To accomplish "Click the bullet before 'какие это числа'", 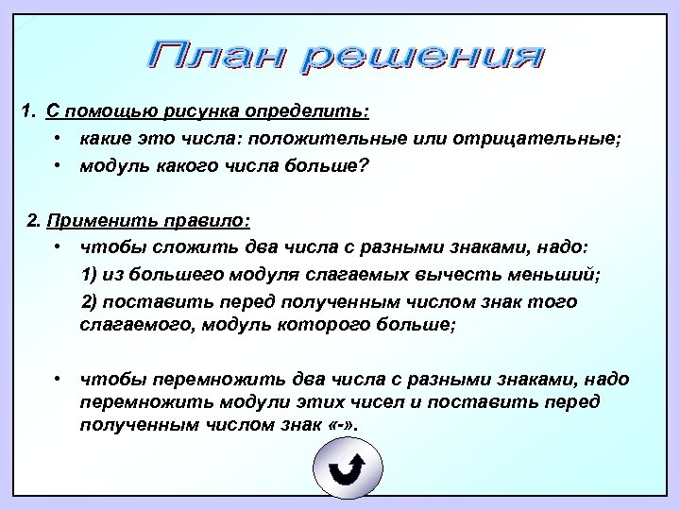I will [x=59, y=140].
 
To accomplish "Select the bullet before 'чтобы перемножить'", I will [x=59, y=380].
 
